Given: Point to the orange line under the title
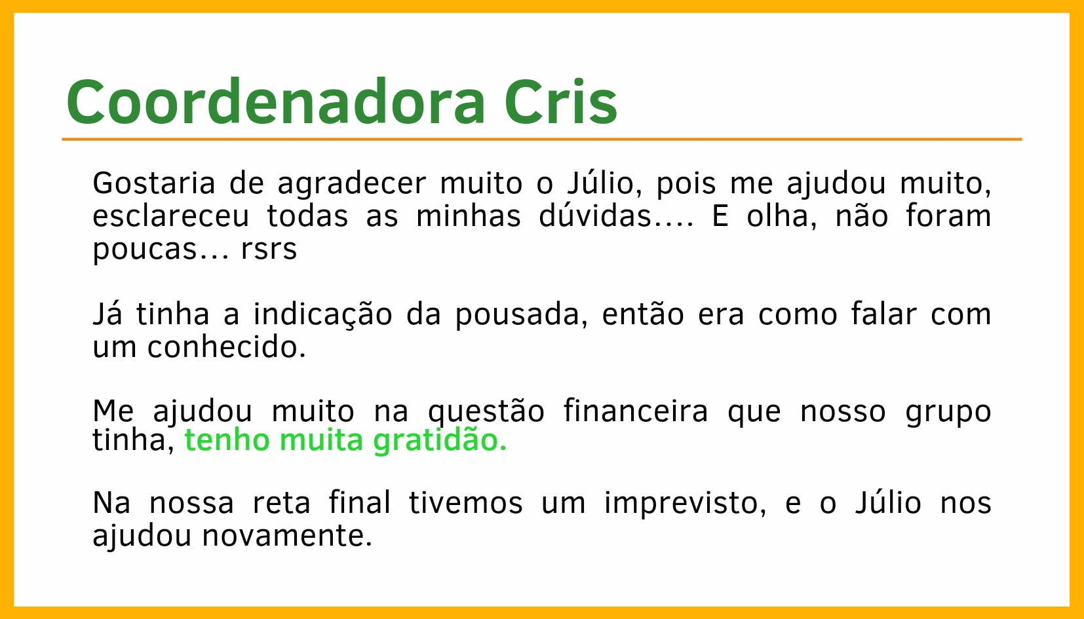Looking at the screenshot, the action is (x=542, y=140).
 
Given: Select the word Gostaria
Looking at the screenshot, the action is (x=154, y=183).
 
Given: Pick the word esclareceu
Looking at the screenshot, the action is (x=171, y=216).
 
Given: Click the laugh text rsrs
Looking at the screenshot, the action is (x=269, y=250).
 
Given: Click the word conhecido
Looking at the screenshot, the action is (x=227, y=347).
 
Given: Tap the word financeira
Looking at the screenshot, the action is (x=636, y=411).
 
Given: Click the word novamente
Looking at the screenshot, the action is (x=287, y=536).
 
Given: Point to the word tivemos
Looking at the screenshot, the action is (x=465, y=503).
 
